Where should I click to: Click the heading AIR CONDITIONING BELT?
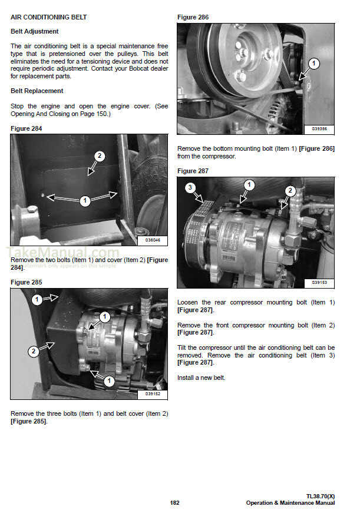click(49, 18)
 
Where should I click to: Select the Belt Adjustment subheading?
click(35, 31)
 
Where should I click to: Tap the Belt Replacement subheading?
click(37, 91)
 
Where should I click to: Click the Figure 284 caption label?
click(27, 128)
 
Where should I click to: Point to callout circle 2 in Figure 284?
click(100, 156)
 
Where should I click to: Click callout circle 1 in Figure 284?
click(85, 201)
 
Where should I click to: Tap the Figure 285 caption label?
click(27, 282)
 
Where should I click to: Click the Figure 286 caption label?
click(193, 18)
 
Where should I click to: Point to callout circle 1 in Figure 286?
click(313, 63)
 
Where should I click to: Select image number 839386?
click(319, 128)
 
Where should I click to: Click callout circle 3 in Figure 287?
click(190, 188)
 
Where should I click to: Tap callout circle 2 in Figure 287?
click(290, 190)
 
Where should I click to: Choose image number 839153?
click(319, 282)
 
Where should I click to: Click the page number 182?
click(174, 502)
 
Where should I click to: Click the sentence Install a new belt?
click(201, 378)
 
